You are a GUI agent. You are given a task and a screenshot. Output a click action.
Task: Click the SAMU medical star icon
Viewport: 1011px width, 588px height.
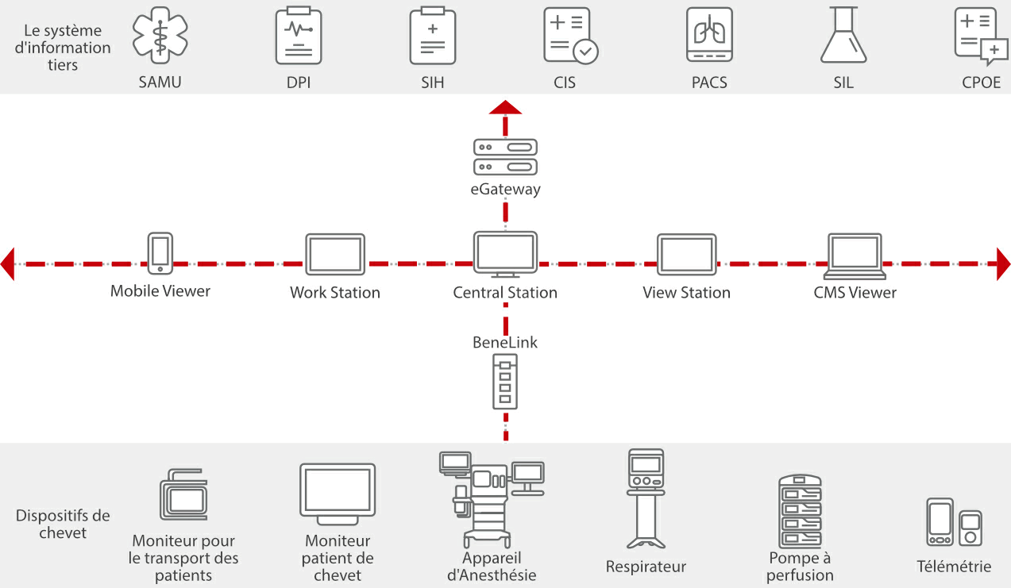coord(160,36)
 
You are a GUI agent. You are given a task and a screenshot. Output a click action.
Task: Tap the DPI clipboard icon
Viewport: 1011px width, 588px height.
coord(299,36)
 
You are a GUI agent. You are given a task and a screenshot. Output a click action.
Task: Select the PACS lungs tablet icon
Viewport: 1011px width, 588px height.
coord(709,36)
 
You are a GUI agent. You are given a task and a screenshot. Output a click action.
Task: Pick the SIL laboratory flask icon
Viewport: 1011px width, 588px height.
coord(843,36)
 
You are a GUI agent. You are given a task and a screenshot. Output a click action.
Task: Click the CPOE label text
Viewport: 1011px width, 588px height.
coord(982,83)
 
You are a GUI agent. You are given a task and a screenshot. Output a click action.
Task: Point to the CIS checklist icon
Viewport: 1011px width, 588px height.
coord(569,36)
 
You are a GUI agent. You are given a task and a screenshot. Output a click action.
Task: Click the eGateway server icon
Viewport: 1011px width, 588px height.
coord(505,156)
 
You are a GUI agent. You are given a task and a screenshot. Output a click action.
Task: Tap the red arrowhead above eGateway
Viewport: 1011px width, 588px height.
coord(505,108)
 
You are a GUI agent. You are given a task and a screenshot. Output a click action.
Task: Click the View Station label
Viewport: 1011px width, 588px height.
coord(686,293)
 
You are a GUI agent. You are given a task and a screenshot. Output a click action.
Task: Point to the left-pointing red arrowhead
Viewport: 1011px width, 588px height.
coord(8,263)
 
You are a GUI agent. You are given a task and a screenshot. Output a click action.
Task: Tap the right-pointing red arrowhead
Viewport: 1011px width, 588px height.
coord(1003,263)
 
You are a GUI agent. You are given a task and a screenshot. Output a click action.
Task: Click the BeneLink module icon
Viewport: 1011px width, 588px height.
coord(505,382)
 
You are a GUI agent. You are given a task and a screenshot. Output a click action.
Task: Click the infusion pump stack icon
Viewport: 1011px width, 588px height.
coord(800,512)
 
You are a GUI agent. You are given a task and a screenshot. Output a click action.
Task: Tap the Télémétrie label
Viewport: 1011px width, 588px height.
coord(954,567)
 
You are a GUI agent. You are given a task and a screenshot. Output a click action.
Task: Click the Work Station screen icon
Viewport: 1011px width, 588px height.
coord(335,254)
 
